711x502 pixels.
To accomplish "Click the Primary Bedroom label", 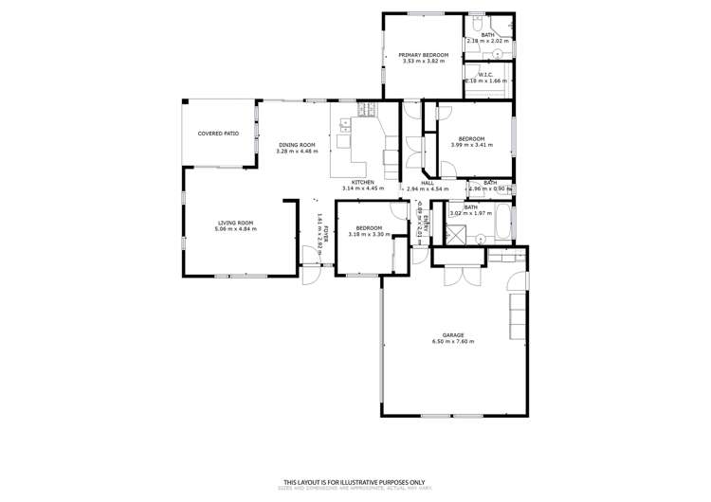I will click(423, 55).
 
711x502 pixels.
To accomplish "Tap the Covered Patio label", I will click(217, 134).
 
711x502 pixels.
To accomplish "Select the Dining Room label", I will click(296, 145).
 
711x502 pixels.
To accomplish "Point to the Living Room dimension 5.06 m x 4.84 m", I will click(235, 229).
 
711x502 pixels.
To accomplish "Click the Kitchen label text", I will click(363, 182).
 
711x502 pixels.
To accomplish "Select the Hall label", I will click(428, 183).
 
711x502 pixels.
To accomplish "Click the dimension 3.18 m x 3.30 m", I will click(369, 234).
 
